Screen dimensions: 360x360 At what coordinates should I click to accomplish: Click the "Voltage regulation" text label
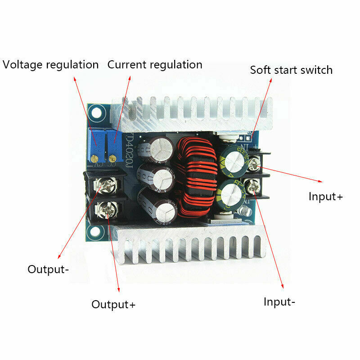point(50,64)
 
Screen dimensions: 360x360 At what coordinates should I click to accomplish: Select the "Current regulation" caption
point(155,64)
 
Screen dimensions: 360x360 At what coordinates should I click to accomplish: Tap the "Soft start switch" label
point(291,70)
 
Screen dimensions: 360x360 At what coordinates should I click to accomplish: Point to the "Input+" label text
point(326,196)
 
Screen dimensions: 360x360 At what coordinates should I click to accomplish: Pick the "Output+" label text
point(113,304)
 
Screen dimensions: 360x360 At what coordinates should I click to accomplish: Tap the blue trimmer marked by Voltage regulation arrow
point(96,145)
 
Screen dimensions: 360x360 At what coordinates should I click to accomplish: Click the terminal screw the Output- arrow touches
point(107,184)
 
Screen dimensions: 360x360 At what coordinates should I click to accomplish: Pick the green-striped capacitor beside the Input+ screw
point(232,158)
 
